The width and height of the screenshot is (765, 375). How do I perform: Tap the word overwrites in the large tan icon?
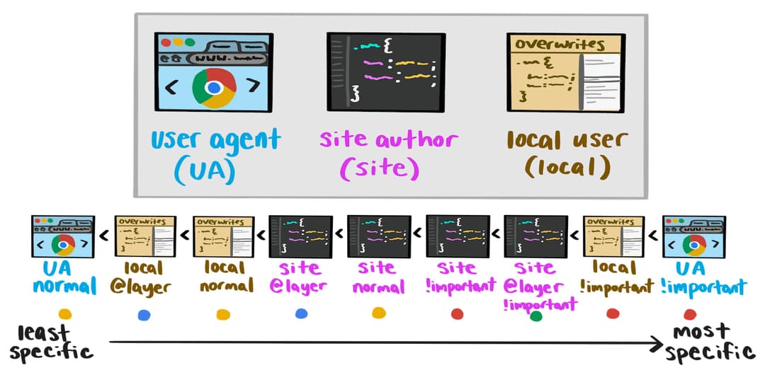pos(560,44)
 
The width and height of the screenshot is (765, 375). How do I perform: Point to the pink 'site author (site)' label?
pos(387,154)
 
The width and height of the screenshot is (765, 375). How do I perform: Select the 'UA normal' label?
pos(64,277)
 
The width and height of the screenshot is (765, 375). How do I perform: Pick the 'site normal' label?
pos(378,277)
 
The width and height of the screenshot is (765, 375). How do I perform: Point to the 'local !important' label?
pos(613,277)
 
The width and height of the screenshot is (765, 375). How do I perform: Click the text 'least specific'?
pos(50,342)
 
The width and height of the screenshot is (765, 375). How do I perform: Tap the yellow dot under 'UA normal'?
pos(64,314)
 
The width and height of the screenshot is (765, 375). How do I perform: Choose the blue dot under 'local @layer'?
pos(144,314)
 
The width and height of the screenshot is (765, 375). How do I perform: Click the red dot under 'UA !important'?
pos(689,314)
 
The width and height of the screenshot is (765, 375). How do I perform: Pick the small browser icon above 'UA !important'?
pos(693,236)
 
